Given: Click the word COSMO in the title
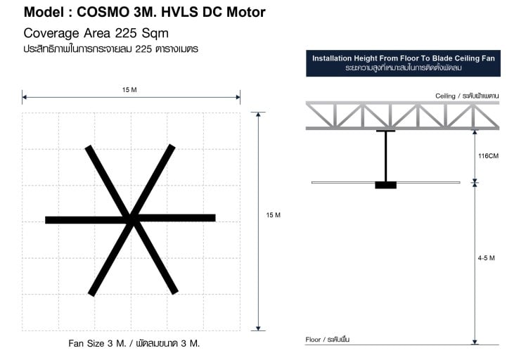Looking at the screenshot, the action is point(103,12).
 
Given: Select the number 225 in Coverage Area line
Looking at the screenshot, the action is point(126,33).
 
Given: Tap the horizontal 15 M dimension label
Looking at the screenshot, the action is point(129,90).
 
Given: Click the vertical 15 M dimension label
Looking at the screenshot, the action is point(273,215).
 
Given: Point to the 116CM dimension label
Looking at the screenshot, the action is point(488,156).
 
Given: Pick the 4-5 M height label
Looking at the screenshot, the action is point(486,258).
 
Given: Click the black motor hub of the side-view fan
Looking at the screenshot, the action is point(386,185).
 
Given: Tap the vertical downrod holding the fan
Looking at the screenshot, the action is point(386,156).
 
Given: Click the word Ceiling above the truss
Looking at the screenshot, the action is point(445,96).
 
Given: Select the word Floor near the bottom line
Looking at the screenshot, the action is point(313,340).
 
